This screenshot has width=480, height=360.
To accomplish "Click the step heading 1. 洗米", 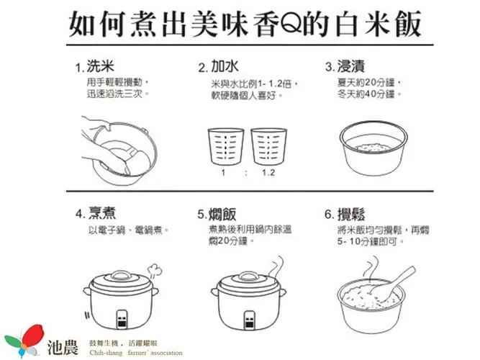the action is [95, 66].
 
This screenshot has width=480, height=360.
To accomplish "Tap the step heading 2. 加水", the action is [219, 66].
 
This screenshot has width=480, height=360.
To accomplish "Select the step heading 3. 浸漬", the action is [345, 66].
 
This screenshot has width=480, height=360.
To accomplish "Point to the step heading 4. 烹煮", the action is [96, 213].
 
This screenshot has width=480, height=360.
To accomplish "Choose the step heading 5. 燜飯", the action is [217, 214].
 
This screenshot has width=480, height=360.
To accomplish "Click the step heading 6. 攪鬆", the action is [345, 214].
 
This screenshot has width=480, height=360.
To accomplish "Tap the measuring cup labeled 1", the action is [226, 146].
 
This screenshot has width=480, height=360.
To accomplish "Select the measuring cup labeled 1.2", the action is [268, 146].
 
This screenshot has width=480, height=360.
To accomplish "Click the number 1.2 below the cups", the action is [268, 173].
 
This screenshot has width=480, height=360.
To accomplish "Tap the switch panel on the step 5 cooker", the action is [250, 320].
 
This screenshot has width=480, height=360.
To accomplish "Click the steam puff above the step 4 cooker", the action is [155, 271].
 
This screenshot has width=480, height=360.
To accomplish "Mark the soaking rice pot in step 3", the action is [373, 148].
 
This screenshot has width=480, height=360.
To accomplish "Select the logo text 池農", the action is [63, 348].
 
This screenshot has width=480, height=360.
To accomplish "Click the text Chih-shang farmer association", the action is [135, 353].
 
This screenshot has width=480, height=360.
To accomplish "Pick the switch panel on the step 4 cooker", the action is [122, 320].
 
